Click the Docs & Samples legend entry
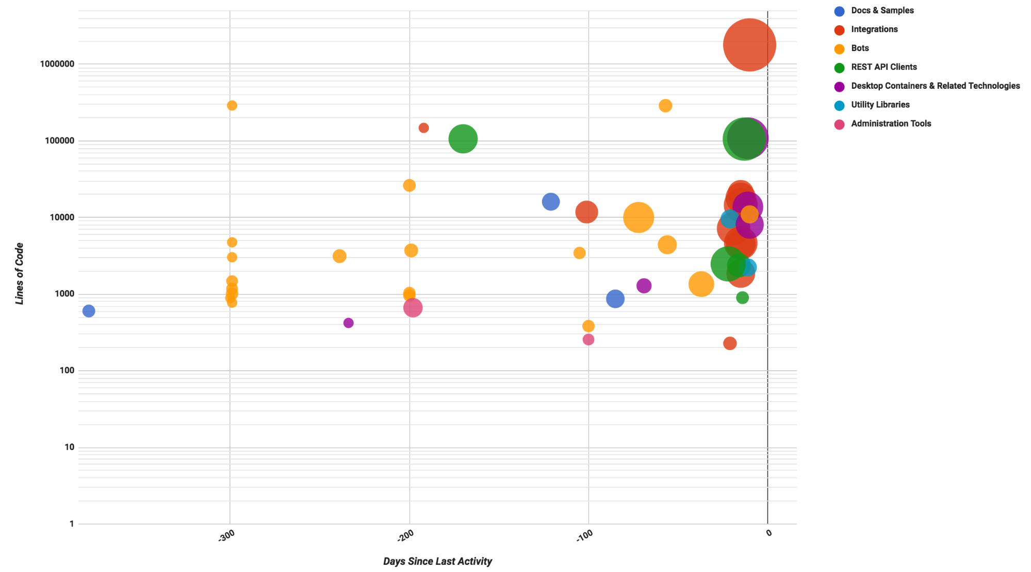pyautogui.click(x=882, y=10)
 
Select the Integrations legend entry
pyautogui.click(x=874, y=29)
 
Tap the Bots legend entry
pyautogui.click(x=860, y=48)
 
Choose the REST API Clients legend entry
pyautogui.click(x=883, y=67)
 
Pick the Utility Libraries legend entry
pyautogui.click(x=880, y=105)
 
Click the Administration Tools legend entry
pyautogui.click(x=891, y=123)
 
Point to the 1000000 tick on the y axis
pyautogui.click(x=57, y=64)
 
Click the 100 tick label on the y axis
pyautogui.click(x=67, y=370)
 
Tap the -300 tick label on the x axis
pyautogui.click(x=226, y=535)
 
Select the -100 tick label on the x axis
pyautogui.click(x=585, y=535)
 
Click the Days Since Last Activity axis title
pyautogui.click(x=437, y=561)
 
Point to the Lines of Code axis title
pyautogui.click(x=20, y=274)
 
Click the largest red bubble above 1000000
pyautogui.click(x=749, y=45)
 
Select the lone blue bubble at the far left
pyautogui.click(x=89, y=311)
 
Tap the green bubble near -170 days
pyautogui.click(x=463, y=139)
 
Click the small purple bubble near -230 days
pyautogui.click(x=349, y=323)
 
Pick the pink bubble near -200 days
pyautogui.click(x=413, y=308)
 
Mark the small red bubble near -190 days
pyautogui.click(x=423, y=128)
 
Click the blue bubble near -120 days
pyautogui.click(x=551, y=201)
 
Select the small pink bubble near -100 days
pyautogui.click(x=588, y=339)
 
